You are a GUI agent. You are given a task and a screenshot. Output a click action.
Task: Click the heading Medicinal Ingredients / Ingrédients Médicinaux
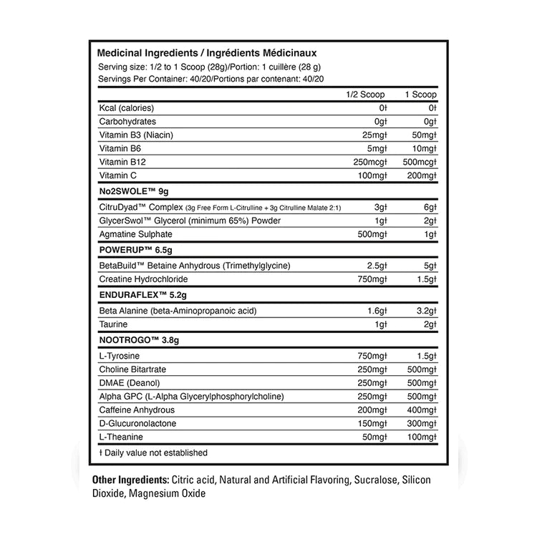click(206, 53)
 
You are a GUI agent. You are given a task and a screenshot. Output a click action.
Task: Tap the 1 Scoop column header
click(420, 95)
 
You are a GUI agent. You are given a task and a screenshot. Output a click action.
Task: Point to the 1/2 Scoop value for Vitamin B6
click(377, 148)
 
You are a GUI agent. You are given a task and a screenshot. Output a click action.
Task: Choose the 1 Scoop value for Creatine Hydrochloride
click(422, 279)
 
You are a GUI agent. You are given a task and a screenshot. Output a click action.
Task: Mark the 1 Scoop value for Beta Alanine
click(422, 311)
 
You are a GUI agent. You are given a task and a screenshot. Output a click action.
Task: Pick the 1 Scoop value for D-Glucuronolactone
click(420, 424)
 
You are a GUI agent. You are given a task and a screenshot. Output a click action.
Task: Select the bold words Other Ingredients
click(130, 480)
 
